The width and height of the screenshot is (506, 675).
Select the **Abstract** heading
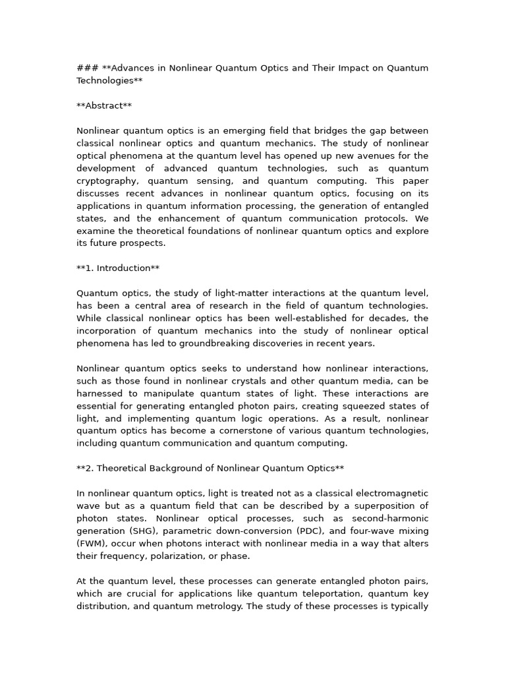(x=104, y=105)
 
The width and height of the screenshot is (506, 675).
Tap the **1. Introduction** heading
(x=118, y=268)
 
